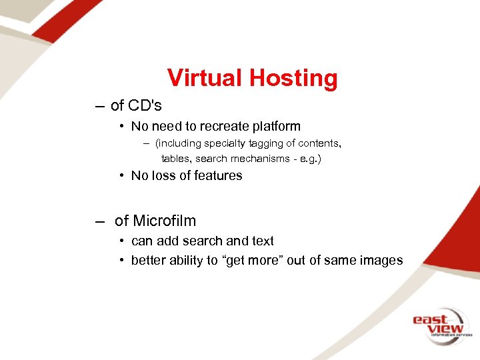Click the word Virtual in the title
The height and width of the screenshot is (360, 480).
point(205,78)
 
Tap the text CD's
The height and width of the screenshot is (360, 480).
point(145,105)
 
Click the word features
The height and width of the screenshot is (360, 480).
point(219,176)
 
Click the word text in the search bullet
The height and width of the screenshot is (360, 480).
point(263,241)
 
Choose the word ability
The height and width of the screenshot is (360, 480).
point(184,260)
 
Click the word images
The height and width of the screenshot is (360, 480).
point(381,260)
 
